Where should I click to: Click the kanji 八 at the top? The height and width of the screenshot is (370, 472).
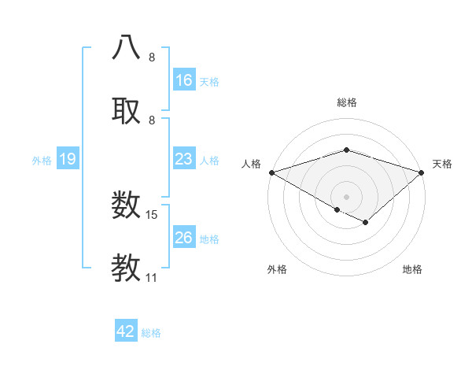tap(127, 46)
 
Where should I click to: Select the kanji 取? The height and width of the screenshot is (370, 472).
tap(127, 109)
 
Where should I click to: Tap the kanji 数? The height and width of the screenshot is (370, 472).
tap(127, 205)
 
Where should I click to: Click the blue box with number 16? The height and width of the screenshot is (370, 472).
tap(184, 80)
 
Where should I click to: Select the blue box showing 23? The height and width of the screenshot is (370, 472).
tap(184, 159)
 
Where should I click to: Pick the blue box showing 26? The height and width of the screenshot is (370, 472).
tap(184, 238)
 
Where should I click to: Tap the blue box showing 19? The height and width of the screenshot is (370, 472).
tap(68, 159)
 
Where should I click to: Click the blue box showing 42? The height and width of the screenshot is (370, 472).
tap(126, 331)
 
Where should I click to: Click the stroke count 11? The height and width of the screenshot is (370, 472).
tap(151, 277)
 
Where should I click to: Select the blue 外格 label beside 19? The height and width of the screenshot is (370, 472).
tap(42, 160)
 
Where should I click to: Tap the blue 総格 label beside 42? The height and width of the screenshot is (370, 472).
tap(151, 332)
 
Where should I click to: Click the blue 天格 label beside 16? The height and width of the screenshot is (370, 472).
tap(209, 80)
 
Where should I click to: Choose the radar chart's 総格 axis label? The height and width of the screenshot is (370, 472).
tap(346, 102)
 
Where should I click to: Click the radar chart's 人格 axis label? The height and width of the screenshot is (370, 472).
tap(251, 164)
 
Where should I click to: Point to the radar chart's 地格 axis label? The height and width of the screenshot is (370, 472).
tap(412, 269)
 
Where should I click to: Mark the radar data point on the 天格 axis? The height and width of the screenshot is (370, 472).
tap(422, 172)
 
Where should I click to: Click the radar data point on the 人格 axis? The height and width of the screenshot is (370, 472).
tap(271, 172)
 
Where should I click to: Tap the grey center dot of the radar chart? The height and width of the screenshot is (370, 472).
tap(346, 196)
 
